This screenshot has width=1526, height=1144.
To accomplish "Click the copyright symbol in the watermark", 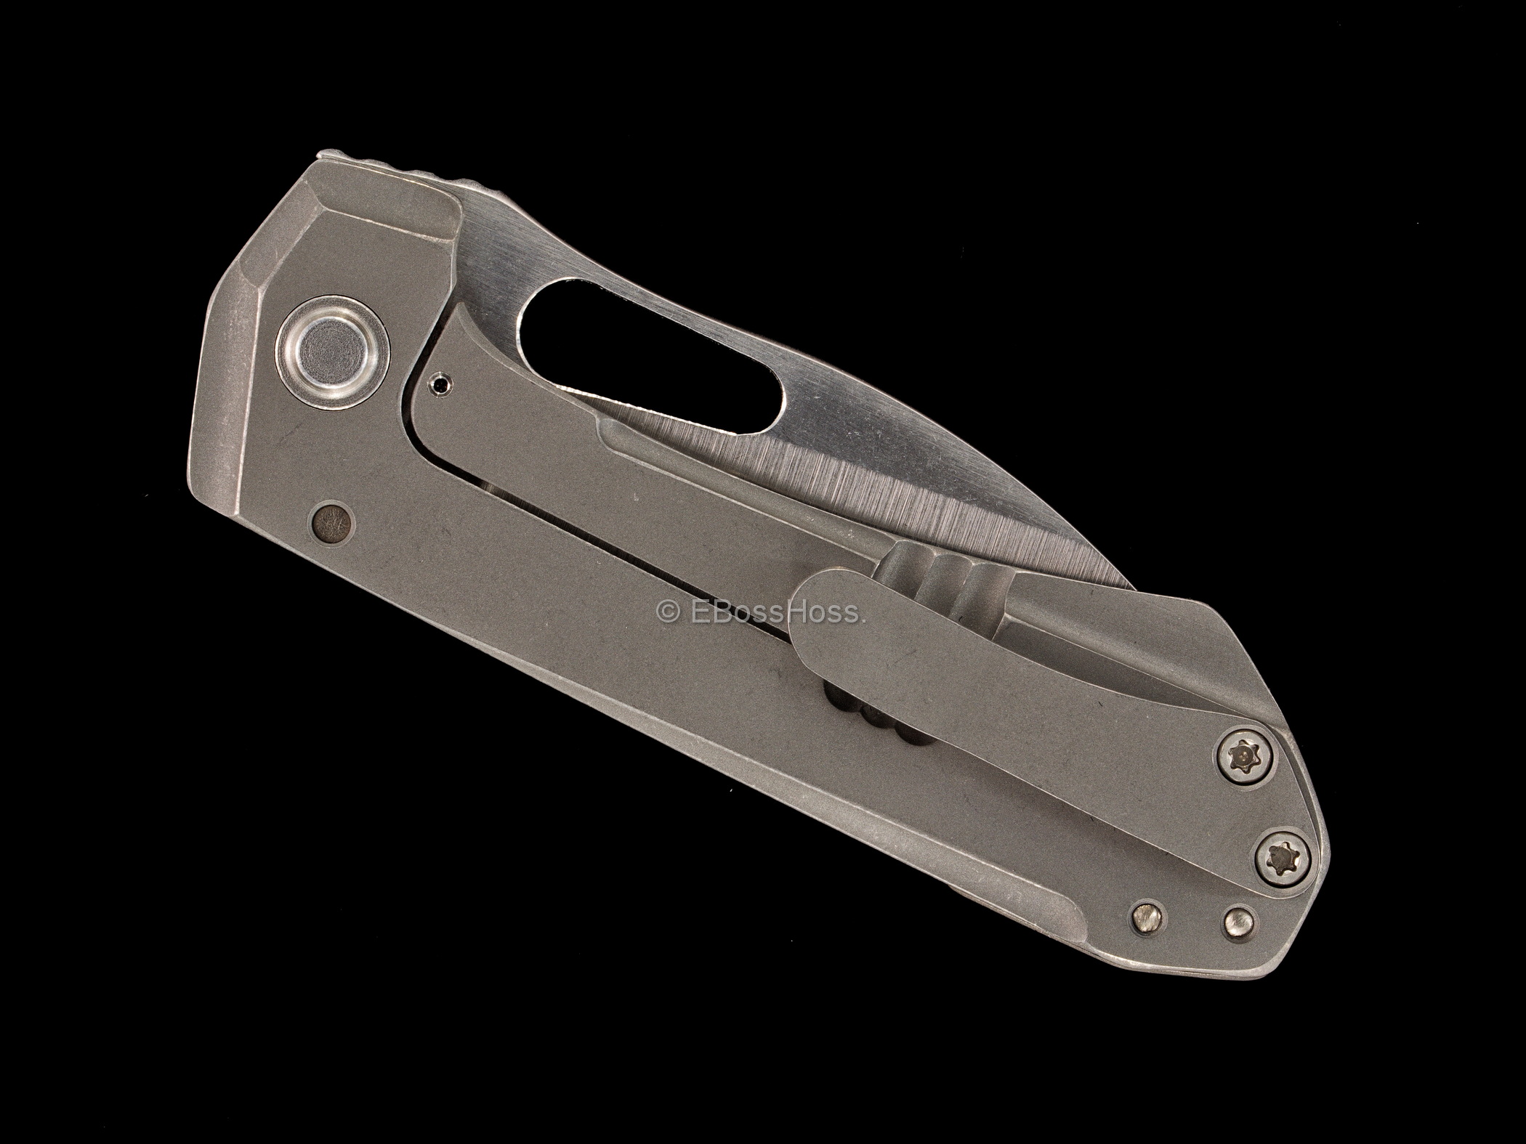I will [664, 614].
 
